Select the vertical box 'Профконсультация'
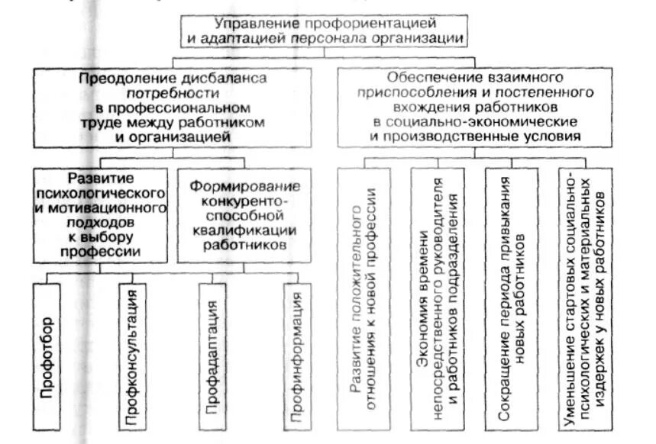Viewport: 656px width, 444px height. click(131, 356)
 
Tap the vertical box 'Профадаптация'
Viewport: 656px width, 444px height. click(213, 356)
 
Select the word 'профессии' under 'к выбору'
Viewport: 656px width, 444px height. click(101, 250)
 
